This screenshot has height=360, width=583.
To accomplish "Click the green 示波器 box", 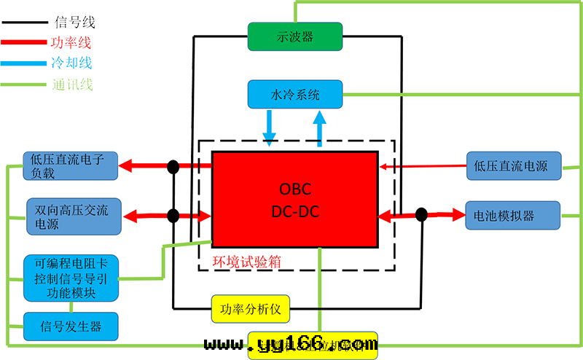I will (295, 36).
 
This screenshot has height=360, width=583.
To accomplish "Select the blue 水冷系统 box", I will (295, 95).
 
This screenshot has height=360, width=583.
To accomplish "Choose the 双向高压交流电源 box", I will (71, 216).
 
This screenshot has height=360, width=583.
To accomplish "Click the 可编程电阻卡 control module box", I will (69, 278).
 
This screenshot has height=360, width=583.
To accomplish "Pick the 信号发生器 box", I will (69, 326).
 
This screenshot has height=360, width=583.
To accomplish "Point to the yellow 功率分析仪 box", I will (251, 309).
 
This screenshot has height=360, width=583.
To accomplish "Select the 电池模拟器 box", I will (512, 216).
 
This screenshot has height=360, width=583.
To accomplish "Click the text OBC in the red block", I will (294, 189).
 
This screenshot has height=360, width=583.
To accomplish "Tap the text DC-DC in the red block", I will (294, 211).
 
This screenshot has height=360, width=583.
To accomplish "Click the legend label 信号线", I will (74, 23).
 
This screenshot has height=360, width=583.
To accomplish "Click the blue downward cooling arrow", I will (270, 127).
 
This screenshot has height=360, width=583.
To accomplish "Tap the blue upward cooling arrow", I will (318, 127).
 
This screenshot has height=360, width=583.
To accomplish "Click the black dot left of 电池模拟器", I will (421, 214).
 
